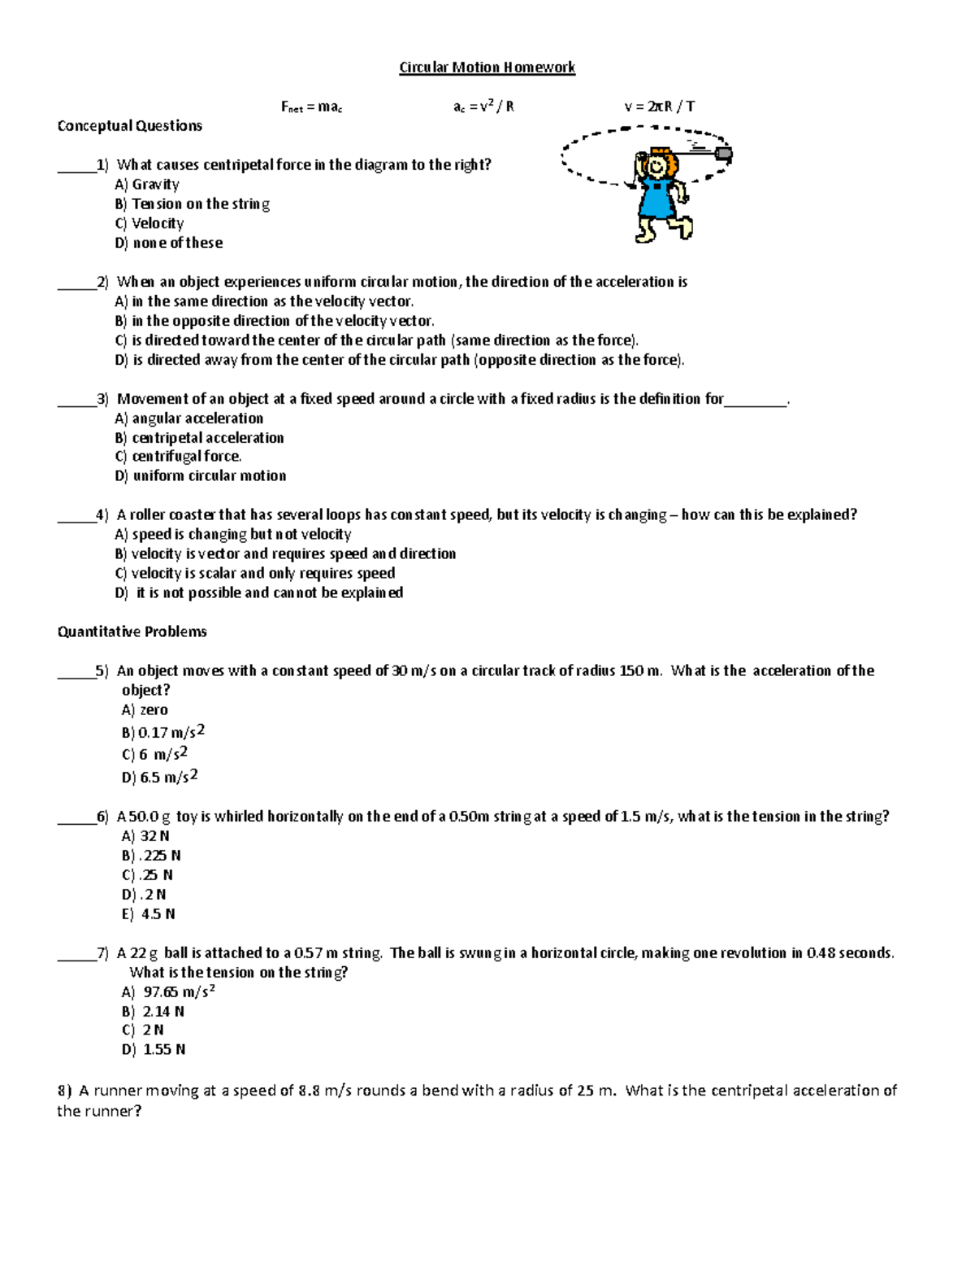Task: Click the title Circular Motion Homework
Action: [x=487, y=67]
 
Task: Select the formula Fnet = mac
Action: [x=311, y=106]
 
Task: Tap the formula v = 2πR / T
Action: [x=659, y=106]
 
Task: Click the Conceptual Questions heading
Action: [x=129, y=126]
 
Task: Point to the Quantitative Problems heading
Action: [x=132, y=631]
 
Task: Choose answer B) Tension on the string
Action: [x=193, y=204]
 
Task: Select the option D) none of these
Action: [x=169, y=243]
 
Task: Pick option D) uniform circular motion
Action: [x=201, y=476]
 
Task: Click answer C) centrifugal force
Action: [x=179, y=457]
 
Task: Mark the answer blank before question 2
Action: [x=76, y=283]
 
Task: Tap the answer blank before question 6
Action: [x=76, y=817]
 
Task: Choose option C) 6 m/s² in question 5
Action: [x=155, y=754]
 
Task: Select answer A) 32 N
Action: [x=145, y=836]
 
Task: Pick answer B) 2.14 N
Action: [x=153, y=1012]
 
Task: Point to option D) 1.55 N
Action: [x=154, y=1050]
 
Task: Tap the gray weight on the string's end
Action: [x=723, y=153]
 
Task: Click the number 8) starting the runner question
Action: [x=65, y=1091]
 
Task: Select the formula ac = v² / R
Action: [x=483, y=106]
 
